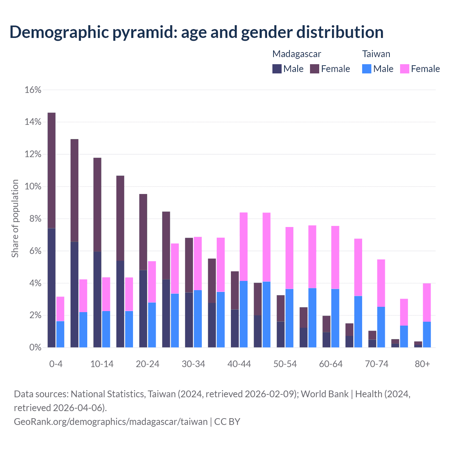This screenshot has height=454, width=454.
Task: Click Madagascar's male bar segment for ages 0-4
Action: click(51, 288)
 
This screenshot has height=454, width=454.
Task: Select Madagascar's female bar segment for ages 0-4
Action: click(51, 170)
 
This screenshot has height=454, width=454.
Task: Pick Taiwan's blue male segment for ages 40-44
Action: click(244, 314)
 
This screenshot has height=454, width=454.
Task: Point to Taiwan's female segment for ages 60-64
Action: click(335, 258)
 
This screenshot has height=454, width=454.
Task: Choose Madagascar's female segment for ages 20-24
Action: click(143, 232)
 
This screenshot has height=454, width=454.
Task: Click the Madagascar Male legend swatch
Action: click(277, 69)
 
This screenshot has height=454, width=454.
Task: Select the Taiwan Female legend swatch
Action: click(405, 69)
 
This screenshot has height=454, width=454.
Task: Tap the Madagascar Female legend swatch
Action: click(315, 69)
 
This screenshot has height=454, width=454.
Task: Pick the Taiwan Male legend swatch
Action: click(367, 69)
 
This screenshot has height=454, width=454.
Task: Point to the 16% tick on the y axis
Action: click(33, 90)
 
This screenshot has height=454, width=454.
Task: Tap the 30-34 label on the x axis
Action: click(193, 364)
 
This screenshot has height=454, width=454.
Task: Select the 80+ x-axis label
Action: click(422, 364)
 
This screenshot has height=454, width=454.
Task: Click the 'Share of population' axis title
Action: click(15, 218)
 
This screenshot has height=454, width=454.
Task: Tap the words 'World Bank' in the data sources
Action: click(325, 394)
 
